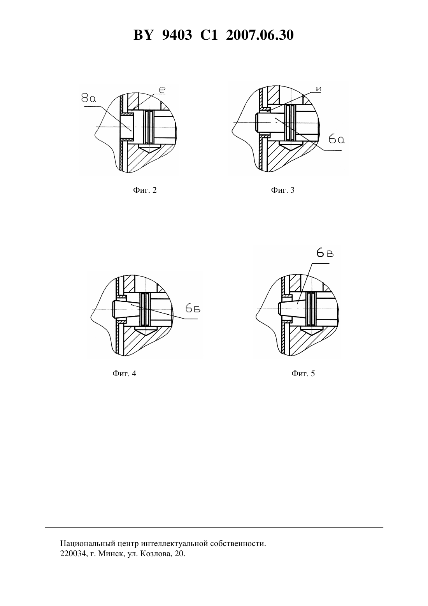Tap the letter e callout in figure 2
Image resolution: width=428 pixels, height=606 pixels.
coord(162,90)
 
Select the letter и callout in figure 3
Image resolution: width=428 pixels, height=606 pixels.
coord(318,89)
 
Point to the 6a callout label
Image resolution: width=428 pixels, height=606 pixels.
coord(337,139)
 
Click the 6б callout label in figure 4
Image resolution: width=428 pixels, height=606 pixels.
coord(193,309)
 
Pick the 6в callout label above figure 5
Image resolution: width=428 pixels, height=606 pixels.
coord(325,254)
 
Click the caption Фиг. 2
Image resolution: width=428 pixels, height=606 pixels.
coord(145,190)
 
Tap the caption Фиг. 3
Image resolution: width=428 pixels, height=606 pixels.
coord(282,190)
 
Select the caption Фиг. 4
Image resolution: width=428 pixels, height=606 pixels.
coord(124,373)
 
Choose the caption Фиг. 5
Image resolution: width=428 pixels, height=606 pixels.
coord(303,373)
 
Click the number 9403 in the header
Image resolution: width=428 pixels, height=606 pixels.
coord(177,35)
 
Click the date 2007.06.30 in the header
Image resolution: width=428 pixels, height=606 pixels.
coord(260,35)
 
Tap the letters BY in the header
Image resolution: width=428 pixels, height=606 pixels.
coord(143,35)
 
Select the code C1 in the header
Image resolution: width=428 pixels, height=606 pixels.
coord(209,35)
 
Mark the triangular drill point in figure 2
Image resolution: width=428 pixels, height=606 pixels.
coord(149,148)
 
